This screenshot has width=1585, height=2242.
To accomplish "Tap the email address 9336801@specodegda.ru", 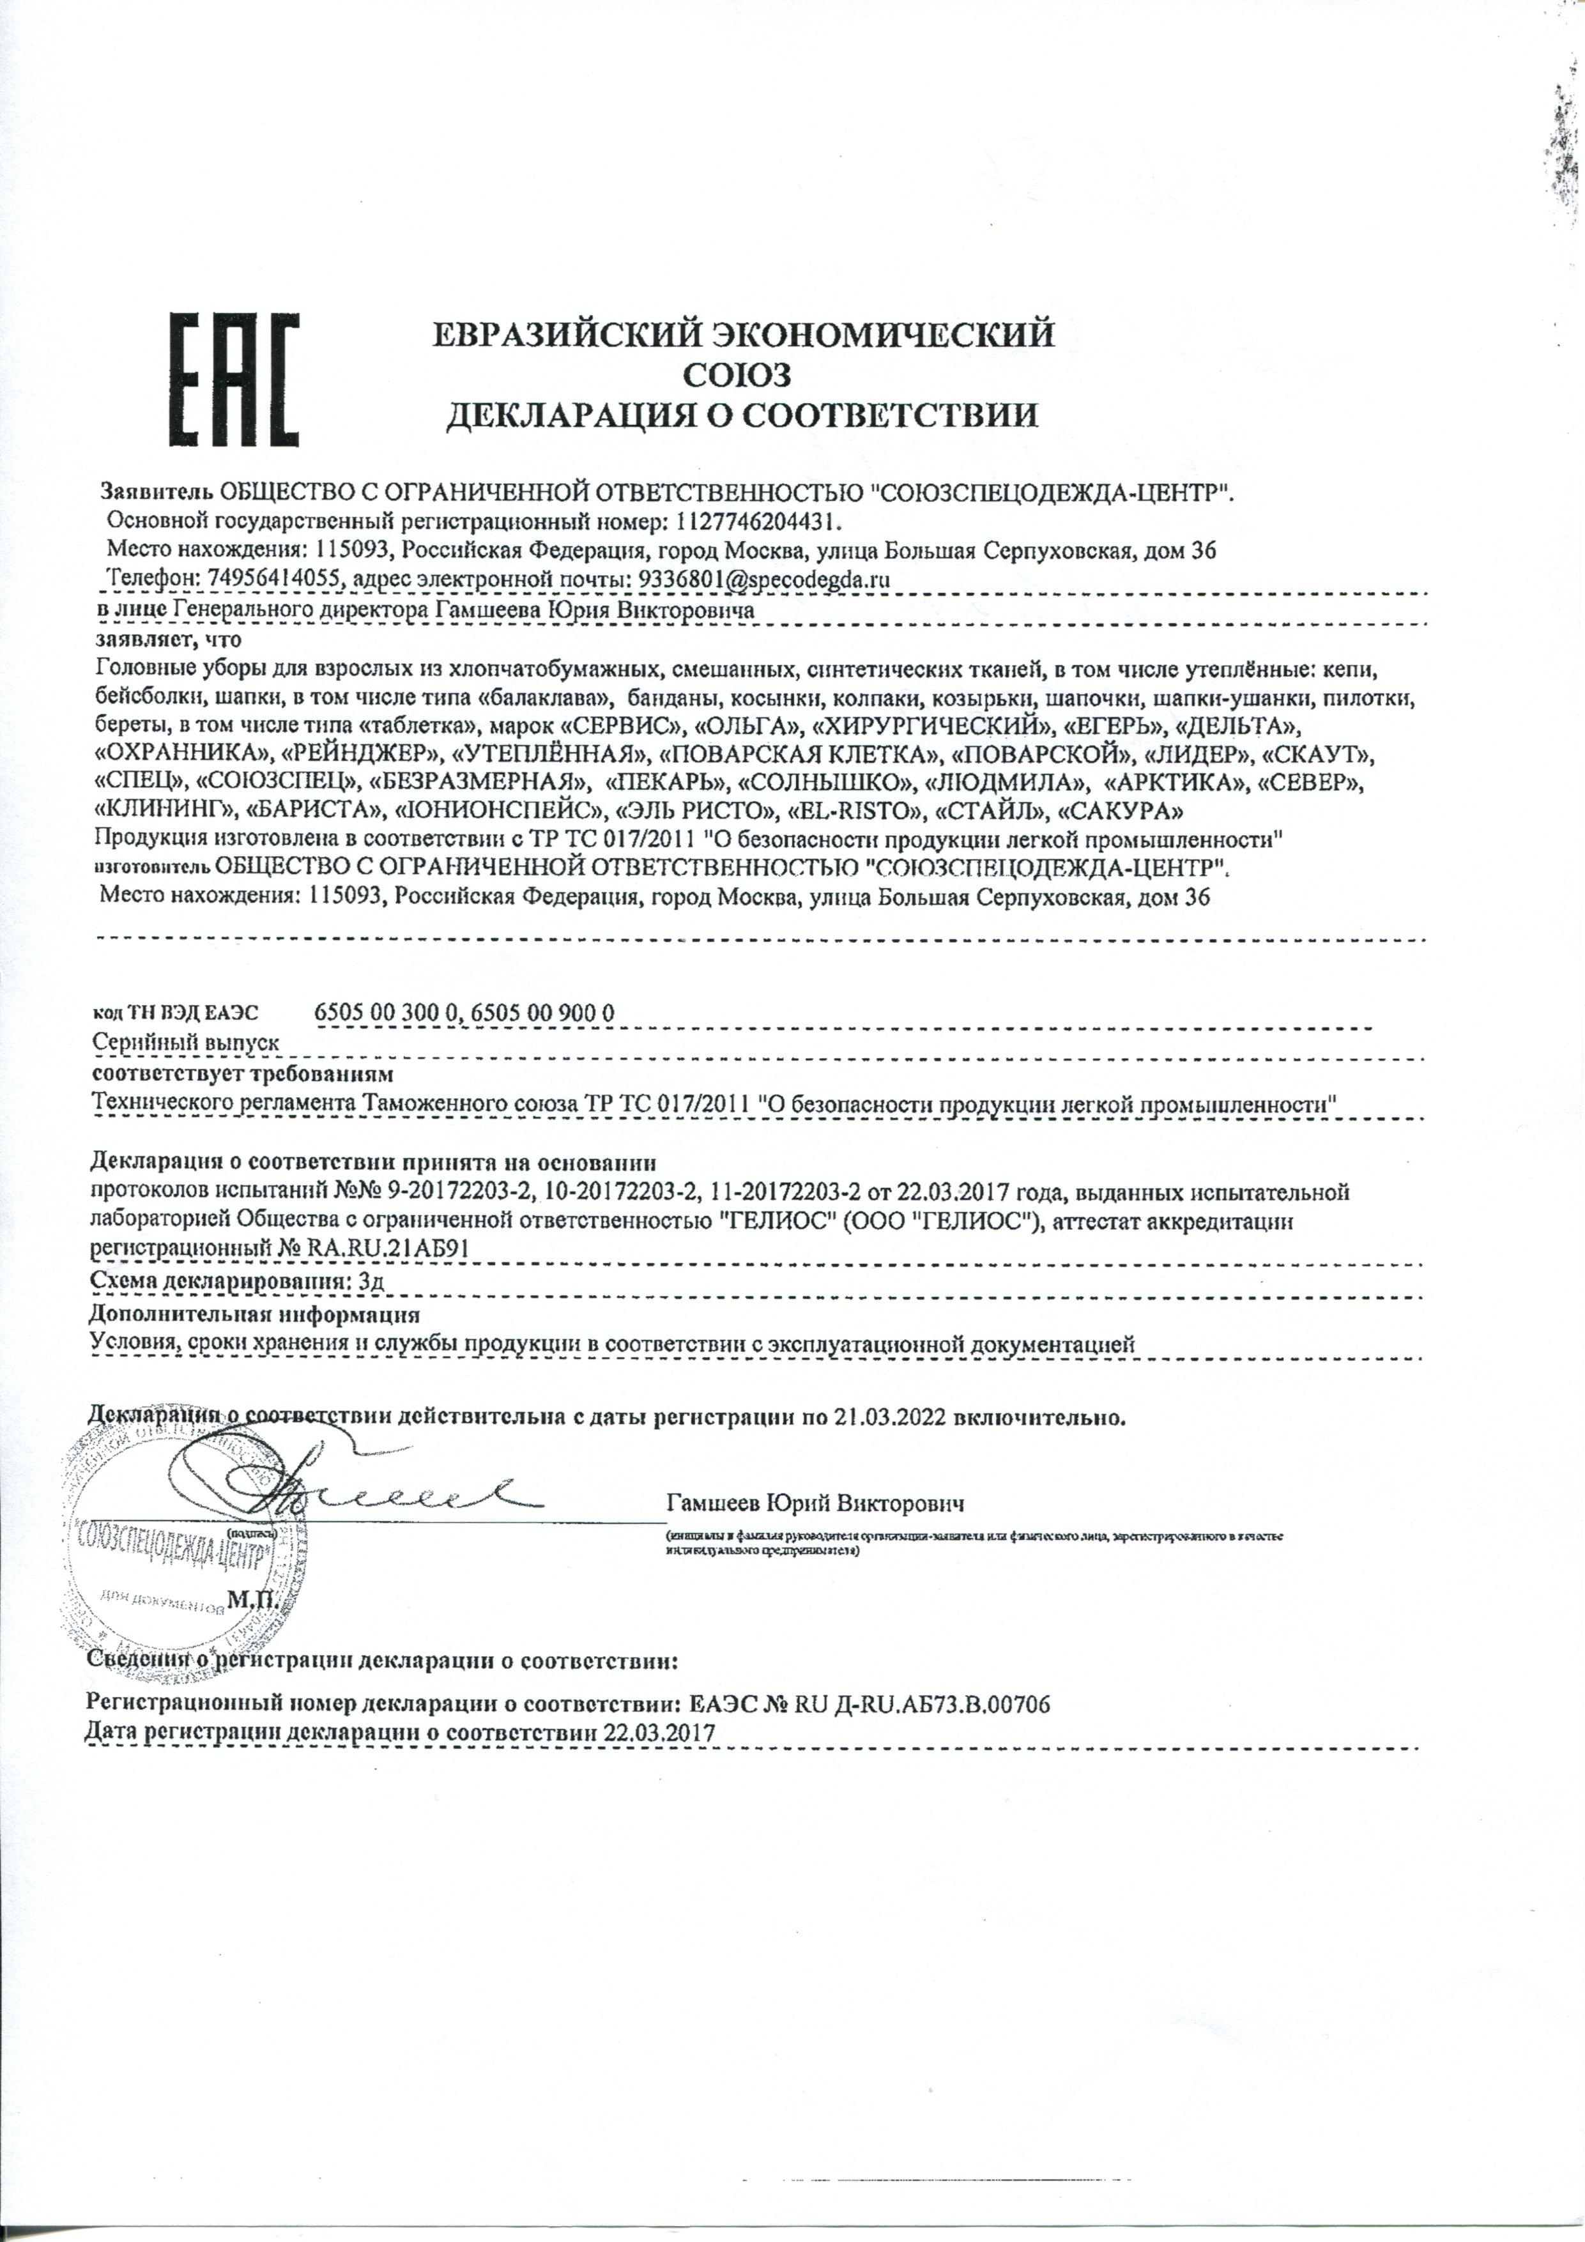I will click(763, 579).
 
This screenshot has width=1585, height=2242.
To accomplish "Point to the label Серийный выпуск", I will click(185, 1042).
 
